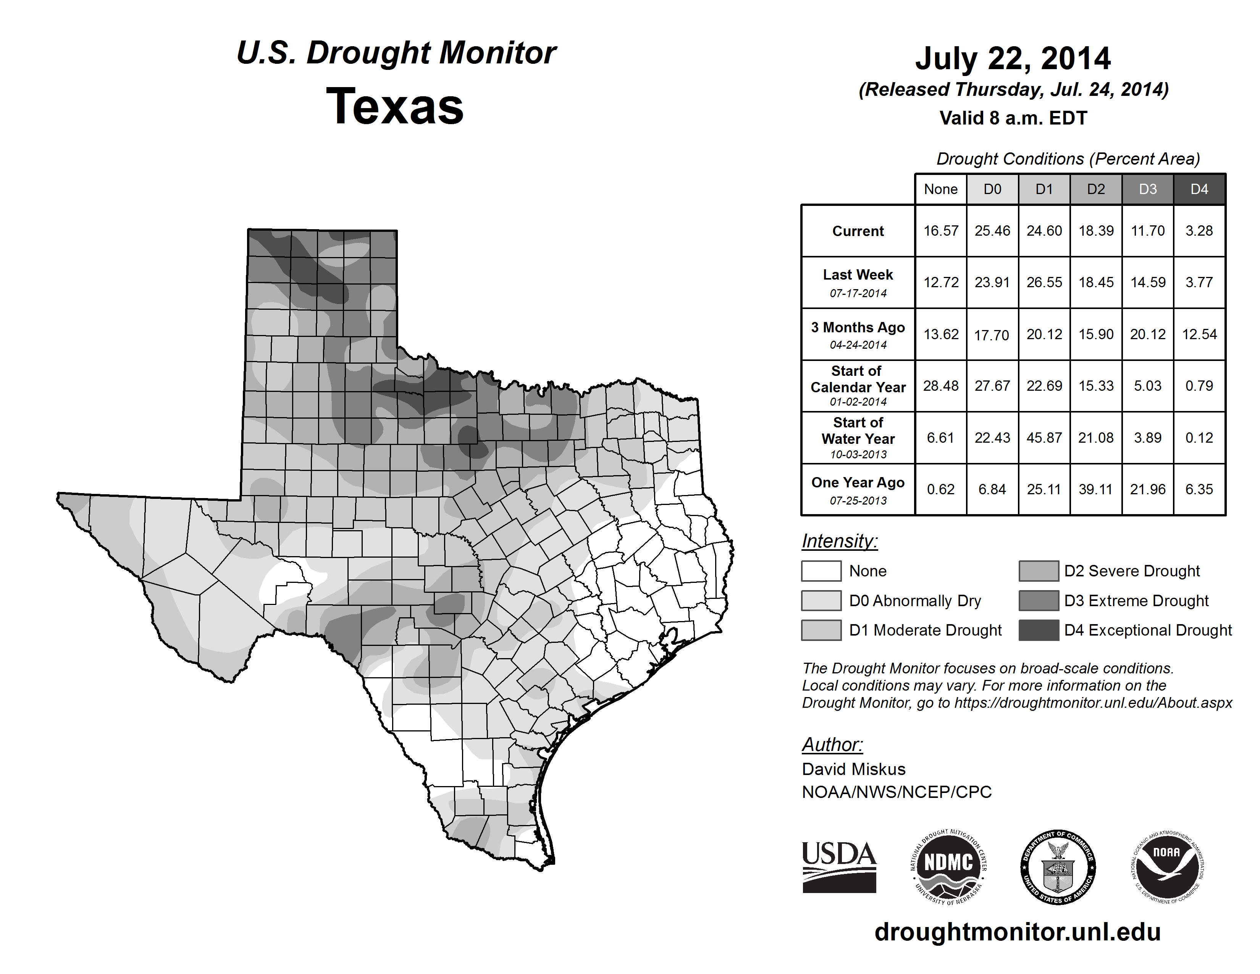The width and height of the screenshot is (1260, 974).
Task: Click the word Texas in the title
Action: [x=395, y=106]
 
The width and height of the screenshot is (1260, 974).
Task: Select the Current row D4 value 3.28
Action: [x=1199, y=231]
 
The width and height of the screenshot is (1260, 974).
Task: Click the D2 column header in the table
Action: [x=1095, y=189]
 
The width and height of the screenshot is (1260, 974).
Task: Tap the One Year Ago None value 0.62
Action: [x=940, y=489]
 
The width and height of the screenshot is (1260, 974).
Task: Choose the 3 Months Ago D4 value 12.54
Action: [x=1199, y=334]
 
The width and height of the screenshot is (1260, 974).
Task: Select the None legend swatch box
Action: [x=821, y=571]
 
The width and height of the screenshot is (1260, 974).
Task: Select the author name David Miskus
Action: [x=853, y=769]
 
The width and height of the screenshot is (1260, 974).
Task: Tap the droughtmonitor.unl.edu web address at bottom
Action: [x=1017, y=932]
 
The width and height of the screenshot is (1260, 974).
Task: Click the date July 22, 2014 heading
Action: [x=1013, y=58]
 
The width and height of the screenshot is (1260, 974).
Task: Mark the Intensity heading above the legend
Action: [x=839, y=541]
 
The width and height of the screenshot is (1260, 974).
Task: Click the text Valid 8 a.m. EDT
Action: [x=1013, y=118]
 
